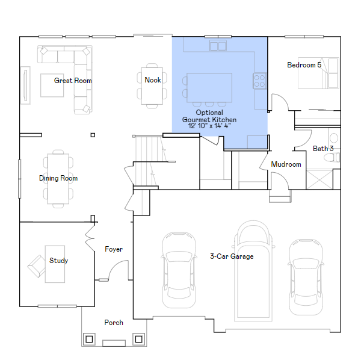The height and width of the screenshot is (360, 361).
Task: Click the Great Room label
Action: pos(73,81)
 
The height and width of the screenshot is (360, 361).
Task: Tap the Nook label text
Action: pos(153,80)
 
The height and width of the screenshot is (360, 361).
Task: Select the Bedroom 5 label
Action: pos(304,65)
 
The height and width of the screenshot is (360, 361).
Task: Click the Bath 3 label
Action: pos(323,149)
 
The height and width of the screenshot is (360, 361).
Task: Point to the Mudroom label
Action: pos(286,164)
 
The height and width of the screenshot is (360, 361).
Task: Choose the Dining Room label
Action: pos(58,178)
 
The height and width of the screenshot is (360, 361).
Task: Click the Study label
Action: pos(58,261)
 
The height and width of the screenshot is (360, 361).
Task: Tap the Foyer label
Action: pos(114,249)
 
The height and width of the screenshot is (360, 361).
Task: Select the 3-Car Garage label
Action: pos(232,256)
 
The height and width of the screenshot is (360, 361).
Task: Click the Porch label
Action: pos(114,323)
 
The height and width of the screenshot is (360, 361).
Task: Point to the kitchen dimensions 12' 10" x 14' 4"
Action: pos(209,126)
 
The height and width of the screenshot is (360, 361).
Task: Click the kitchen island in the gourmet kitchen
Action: pos(209,87)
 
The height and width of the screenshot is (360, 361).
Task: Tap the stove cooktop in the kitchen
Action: pos(260,81)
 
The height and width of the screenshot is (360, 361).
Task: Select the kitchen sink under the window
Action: pos(218,46)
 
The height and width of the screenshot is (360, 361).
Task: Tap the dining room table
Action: pos(58,178)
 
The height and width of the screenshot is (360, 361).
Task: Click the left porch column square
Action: pos(89,339)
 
